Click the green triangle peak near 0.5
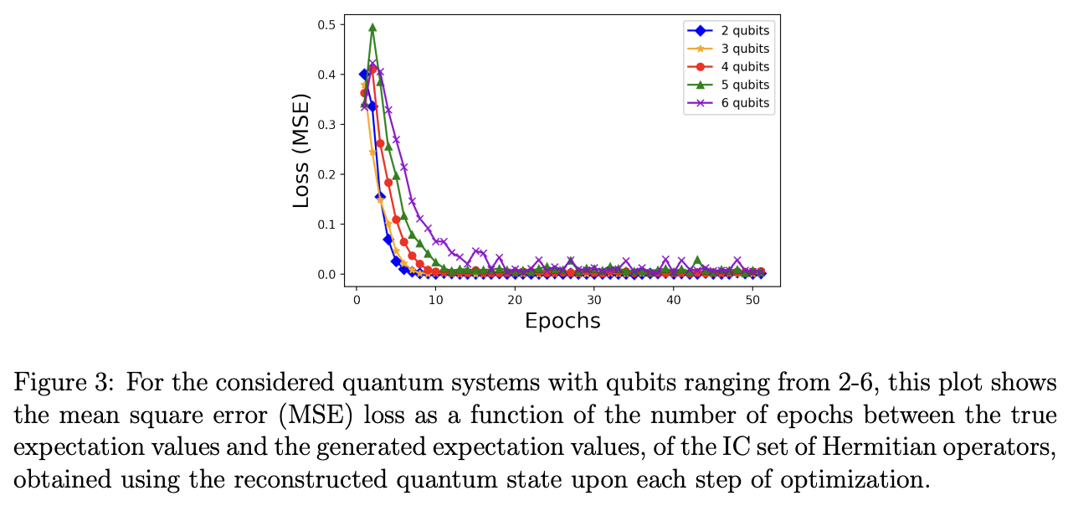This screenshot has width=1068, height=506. [372, 28]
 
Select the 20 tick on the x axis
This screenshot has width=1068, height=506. [515, 298]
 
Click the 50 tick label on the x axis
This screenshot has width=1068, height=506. [752, 298]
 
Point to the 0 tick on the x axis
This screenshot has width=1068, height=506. [357, 298]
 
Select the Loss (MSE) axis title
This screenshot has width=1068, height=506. [301, 152]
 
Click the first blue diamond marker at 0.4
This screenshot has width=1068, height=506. [364, 75]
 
